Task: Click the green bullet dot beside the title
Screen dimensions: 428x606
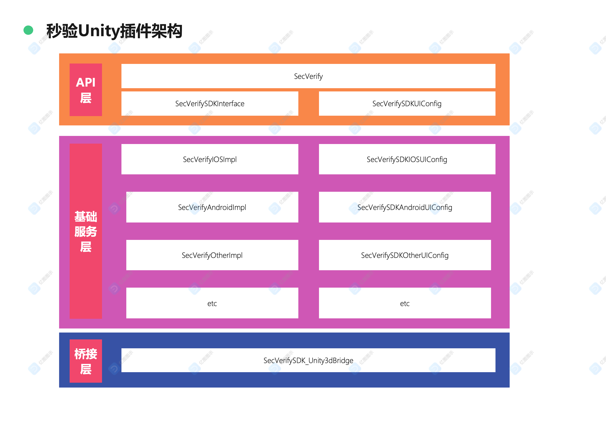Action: pos(28,30)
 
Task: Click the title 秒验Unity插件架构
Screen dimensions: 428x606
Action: pos(114,31)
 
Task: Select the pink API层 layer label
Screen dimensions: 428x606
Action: pos(86,90)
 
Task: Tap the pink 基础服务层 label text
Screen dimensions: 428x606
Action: pos(86,231)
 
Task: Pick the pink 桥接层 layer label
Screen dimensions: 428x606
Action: pos(86,361)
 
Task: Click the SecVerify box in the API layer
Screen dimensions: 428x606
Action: pos(308,76)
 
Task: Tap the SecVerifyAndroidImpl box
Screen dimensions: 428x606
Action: pos(212,207)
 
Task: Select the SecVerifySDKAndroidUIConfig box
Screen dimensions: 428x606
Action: pos(405,207)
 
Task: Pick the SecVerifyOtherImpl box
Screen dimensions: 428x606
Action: pos(212,255)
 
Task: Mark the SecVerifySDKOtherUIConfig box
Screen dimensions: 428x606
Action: pos(405,255)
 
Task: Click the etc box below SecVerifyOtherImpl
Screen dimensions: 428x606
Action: pos(212,303)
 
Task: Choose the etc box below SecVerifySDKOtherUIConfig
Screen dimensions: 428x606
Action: pos(405,303)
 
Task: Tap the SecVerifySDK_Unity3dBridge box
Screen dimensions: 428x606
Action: pos(308,360)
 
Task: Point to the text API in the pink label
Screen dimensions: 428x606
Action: pos(86,82)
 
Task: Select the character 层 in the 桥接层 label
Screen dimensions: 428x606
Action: pos(86,369)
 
